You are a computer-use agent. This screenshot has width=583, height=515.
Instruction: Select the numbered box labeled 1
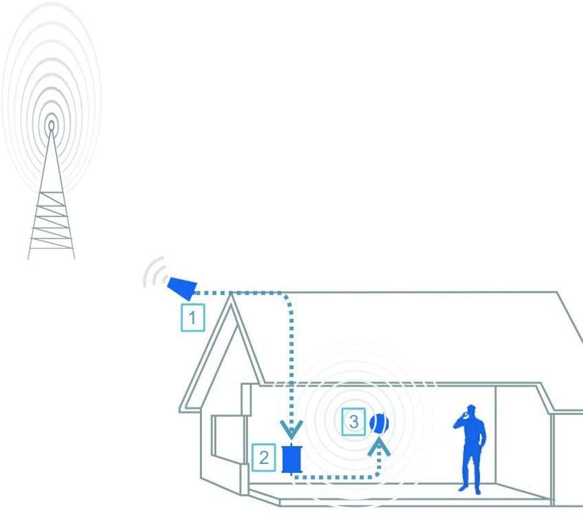point(192,318)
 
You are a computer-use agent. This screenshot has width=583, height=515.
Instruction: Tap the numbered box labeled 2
point(264,457)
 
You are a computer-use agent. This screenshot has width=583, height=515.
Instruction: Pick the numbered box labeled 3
point(354,422)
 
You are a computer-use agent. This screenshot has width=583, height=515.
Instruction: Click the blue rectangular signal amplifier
point(291,459)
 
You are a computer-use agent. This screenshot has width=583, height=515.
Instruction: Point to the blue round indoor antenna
point(379,423)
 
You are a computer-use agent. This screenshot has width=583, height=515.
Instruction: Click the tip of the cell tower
point(51,125)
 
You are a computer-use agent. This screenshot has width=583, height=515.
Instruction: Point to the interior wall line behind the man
point(496,435)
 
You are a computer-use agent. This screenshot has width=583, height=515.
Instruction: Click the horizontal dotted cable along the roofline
point(238,293)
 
